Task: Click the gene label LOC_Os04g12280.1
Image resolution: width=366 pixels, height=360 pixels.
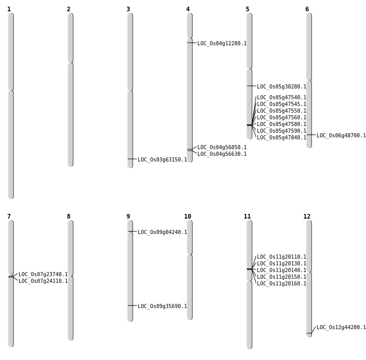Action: [222, 44]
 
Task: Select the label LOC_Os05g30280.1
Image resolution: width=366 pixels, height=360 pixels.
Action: [281, 87]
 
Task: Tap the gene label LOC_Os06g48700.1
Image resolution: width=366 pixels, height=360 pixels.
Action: [341, 136]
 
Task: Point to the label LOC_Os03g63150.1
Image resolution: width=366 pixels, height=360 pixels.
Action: [162, 160]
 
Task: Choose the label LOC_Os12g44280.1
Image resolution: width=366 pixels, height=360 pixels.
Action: [341, 328]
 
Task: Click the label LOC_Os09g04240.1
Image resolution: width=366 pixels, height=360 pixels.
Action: [162, 232]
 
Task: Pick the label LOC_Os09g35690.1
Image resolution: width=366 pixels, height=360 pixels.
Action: [162, 307]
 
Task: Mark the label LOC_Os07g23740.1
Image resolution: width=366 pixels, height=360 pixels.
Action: [43, 275]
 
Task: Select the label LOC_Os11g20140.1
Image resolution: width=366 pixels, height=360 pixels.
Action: [281, 271]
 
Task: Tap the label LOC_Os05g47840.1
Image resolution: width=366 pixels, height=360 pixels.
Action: [281, 138]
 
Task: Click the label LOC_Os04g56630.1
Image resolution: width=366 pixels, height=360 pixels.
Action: [222, 154]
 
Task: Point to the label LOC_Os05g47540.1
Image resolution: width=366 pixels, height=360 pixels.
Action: [281, 98]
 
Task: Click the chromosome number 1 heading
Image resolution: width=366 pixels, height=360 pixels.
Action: [9, 9]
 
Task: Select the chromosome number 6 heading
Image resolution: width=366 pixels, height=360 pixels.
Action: [307, 9]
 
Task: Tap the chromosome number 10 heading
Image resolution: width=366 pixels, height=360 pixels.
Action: [188, 217]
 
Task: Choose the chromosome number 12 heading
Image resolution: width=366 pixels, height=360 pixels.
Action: [307, 217]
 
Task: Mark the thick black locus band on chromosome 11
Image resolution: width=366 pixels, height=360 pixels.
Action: [249, 269]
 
